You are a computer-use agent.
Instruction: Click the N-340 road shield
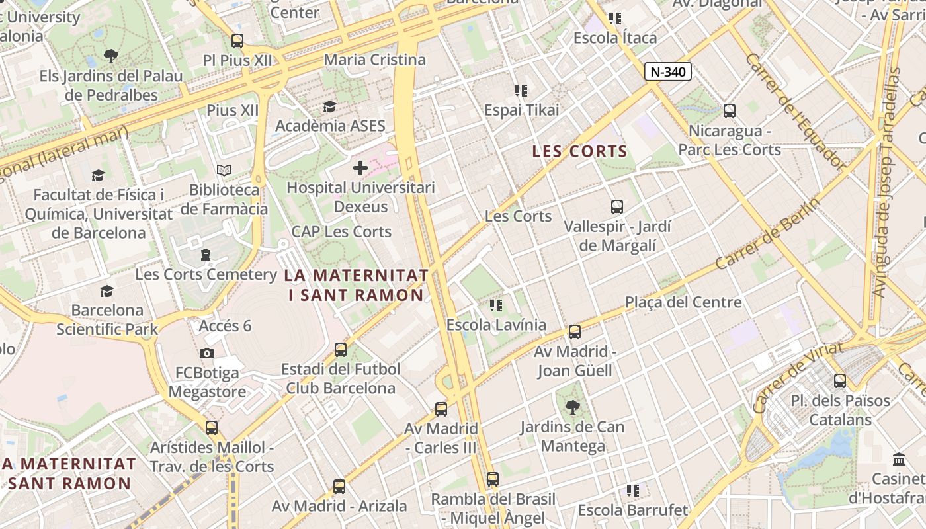coord(668,71)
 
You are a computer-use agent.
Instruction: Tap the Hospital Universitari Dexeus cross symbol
coord(360,168)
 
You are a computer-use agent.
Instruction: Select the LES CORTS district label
coord(579,151)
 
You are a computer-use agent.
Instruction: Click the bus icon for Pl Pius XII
coord(237,40)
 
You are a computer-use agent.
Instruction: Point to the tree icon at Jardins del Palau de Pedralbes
coord(111,56)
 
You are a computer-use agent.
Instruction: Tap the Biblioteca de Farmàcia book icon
coord(224,171)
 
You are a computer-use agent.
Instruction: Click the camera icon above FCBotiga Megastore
coord(207,353)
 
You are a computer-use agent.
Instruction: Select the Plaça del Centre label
coord(683,302)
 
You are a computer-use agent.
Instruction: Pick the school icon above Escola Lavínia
coord(496,305)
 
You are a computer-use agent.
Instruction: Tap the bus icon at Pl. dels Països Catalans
coord(840,381)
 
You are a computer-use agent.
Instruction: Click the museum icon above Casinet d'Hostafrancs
coord(899,459)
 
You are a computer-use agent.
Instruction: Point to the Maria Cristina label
coord(374,60)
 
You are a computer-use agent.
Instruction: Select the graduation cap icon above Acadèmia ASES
coord(329,106)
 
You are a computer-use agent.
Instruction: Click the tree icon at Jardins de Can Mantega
coord(572,407)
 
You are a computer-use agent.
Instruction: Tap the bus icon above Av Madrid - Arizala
coord(339,487)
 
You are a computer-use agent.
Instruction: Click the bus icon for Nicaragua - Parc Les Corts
coord(730,111)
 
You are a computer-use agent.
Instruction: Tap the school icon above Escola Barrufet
coord(633,490)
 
